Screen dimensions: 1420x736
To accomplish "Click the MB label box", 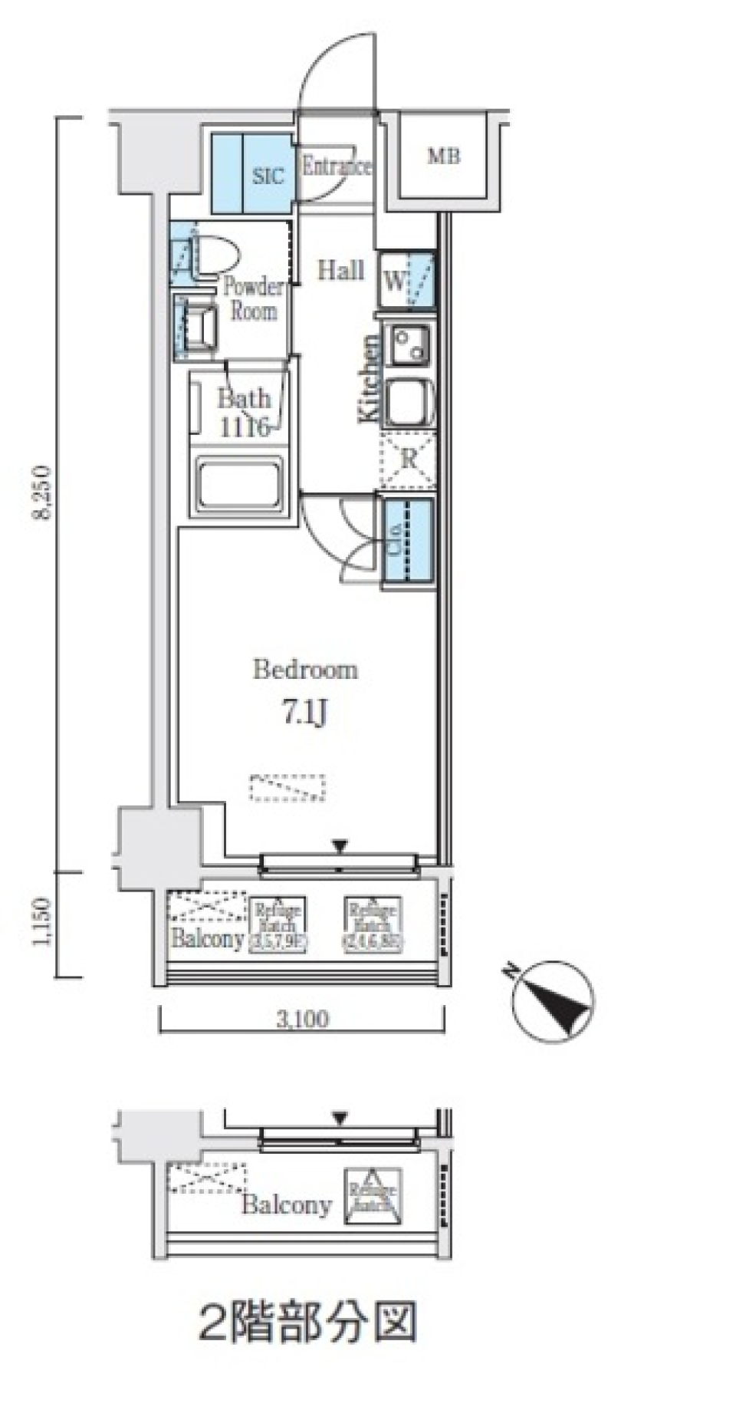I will (x=443, y=156).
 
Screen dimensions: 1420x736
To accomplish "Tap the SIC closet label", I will (x=268, y=176).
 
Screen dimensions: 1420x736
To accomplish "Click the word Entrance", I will (x=336, y=166).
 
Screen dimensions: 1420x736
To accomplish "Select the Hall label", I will (x=340, y=270).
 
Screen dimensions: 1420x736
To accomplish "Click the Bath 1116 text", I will (x=243, y=413).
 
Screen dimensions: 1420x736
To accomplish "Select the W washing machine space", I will (x=406, y=281).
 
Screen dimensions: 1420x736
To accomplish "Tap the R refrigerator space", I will (x=408, y=460).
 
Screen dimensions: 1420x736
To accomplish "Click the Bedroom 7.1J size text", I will (x=305, y=713).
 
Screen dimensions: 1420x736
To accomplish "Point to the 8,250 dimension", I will (x=41, y=492).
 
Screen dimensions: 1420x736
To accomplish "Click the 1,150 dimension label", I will (x=41, y=922).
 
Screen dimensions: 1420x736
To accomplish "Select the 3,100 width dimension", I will (x=302, y=1019).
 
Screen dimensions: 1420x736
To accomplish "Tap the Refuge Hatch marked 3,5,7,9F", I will (x=278, y=924).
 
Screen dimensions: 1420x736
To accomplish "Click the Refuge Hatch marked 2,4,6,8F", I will (x=373, y=924).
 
